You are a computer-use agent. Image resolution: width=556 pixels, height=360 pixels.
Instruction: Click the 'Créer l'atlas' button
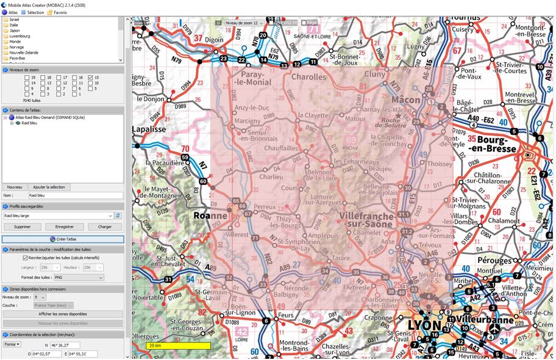63,239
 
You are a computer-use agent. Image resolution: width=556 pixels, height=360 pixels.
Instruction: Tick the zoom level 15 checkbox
90,77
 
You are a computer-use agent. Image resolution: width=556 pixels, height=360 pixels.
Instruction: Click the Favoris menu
58,12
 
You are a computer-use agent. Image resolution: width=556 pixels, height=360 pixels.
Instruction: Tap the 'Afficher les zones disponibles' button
63,314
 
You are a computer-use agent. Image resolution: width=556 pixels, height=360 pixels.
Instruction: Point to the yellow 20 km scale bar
178,345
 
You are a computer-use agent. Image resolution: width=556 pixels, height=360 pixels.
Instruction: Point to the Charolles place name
308,77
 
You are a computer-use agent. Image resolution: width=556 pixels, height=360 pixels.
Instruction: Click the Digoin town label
214,39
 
